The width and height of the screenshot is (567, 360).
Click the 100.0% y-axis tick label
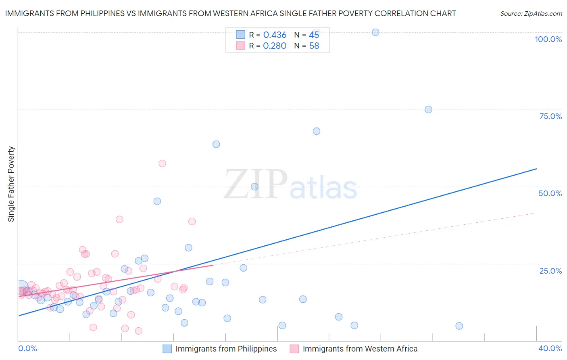click(548, 39)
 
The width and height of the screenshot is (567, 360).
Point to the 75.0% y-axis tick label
click(550, 116)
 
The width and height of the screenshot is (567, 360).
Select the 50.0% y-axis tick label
click(550, 193)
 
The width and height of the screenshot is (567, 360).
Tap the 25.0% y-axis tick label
click(550, 271)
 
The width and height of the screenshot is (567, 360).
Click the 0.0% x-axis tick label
click(27, 348)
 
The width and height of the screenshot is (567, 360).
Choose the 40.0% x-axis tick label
click(550, 348)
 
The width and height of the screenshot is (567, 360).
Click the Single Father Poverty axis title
click(11, 184)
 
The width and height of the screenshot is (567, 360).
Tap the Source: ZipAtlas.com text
click(531, 14)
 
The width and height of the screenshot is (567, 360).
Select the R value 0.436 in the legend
click(275, 35)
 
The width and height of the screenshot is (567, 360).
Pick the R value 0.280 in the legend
click(275, 46)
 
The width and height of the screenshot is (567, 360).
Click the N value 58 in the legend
click(314, 46)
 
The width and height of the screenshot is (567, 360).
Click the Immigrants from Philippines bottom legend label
click(226, 349)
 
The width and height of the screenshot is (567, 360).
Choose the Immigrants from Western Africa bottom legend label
click(360, 349)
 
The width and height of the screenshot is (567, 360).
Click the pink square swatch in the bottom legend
click(294, 349)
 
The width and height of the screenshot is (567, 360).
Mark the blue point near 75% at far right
click(428, 109)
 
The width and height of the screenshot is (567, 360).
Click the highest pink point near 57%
click(162, 163)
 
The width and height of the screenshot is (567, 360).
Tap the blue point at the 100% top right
click(375, 32)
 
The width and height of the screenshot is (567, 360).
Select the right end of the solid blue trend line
click(536, 169)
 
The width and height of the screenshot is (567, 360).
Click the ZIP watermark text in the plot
click(256, 184)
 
